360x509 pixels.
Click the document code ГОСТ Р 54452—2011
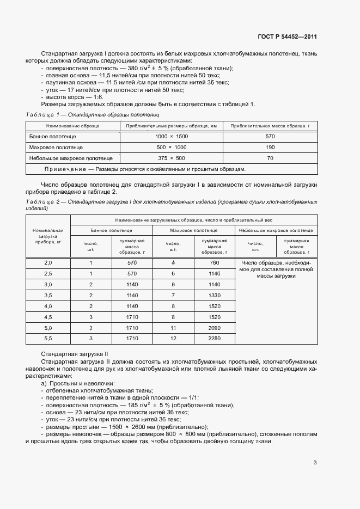[288, 37]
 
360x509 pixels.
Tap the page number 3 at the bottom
[315, 463]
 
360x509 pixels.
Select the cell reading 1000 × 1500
[171, 136]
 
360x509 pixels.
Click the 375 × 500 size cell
[171, 158]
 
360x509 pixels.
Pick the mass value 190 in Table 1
[270, 147]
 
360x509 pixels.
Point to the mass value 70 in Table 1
[270, 158]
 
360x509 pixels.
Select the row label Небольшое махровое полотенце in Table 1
[71, 158]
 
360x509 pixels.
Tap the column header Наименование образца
[72, 126]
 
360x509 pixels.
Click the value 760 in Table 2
[214, 263]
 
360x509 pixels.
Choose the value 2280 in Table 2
[214, 338]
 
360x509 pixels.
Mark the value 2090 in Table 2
[214, 328]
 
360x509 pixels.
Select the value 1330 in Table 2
[214, 295]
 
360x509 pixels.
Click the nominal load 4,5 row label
[48, 317]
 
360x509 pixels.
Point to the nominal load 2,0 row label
[48, 263]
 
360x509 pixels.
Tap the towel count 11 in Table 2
[173, 328]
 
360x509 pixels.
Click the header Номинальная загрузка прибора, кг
[48, 236]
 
